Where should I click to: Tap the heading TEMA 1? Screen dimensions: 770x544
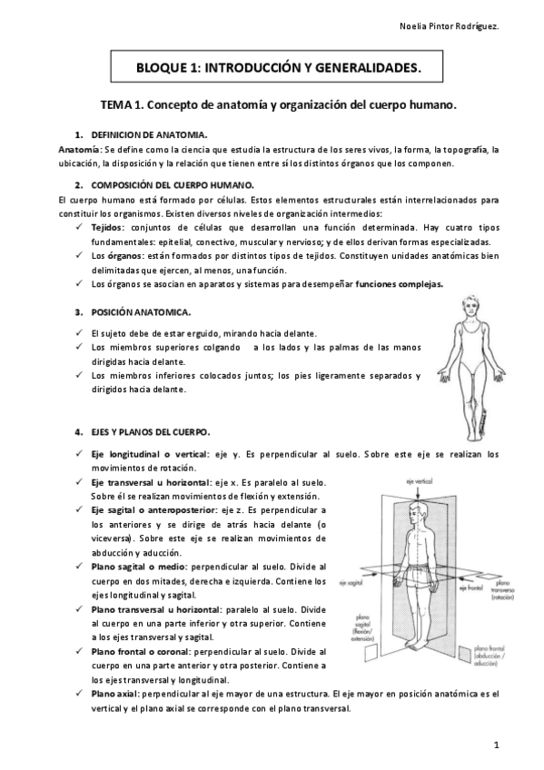[x=277, y=105]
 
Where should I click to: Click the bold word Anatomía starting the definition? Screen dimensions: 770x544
[x=79, y=148]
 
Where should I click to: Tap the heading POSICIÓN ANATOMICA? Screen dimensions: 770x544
[x=142, y=312]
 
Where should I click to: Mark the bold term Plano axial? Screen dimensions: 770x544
[x=115, y=693]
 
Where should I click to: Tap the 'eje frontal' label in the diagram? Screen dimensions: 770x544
[x=468, y=588]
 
